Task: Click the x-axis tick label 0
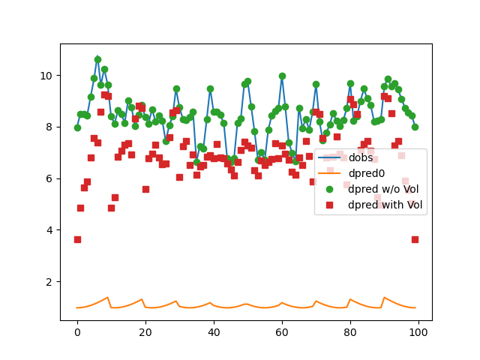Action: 77,332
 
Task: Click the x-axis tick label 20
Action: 145,332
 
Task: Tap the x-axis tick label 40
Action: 214,332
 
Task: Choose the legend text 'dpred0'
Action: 365,173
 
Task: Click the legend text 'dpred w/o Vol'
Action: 382,189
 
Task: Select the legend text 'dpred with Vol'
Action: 385,204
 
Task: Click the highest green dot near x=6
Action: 97,59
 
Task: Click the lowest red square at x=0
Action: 77,239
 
